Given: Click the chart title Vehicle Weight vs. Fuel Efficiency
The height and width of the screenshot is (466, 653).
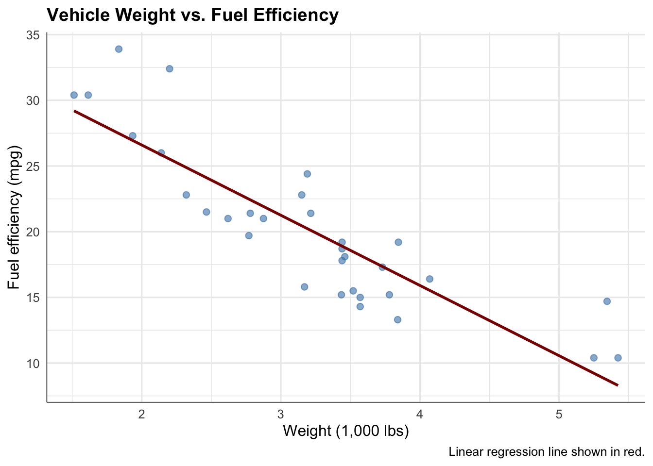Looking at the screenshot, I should click(x=192, y=16).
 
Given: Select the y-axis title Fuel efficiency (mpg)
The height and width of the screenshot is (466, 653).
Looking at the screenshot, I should click(x=15, y=216).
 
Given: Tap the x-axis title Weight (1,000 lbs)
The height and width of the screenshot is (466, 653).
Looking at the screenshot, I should click(x=345, y=431).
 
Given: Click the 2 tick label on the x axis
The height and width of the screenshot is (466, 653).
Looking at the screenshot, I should click(x=142, y=415).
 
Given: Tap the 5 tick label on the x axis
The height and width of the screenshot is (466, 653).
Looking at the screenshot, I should click(x=559, y=415).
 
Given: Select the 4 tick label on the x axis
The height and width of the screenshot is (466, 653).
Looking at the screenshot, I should click(x=420, y=415).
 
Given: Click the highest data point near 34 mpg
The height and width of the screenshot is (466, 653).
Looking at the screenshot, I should click(x=119, y=49).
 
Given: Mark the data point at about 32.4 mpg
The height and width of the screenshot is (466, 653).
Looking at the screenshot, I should click(x=170, y=69).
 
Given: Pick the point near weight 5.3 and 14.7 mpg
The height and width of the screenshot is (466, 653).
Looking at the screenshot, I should click(x=607, y=301).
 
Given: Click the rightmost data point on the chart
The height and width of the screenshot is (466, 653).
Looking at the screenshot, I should click(x=618, y=358).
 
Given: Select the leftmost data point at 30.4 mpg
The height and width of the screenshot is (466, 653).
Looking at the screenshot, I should click(x=74, y=95).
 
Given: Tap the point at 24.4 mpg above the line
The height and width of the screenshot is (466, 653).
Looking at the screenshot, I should click(x=307, y=174).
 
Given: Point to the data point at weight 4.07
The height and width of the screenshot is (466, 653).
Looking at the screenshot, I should click(x=430, y=279).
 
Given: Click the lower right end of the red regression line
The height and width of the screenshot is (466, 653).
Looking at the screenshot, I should click(x=617, y=385).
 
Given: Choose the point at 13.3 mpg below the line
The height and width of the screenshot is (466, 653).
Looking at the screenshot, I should click(x=397, y=320).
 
